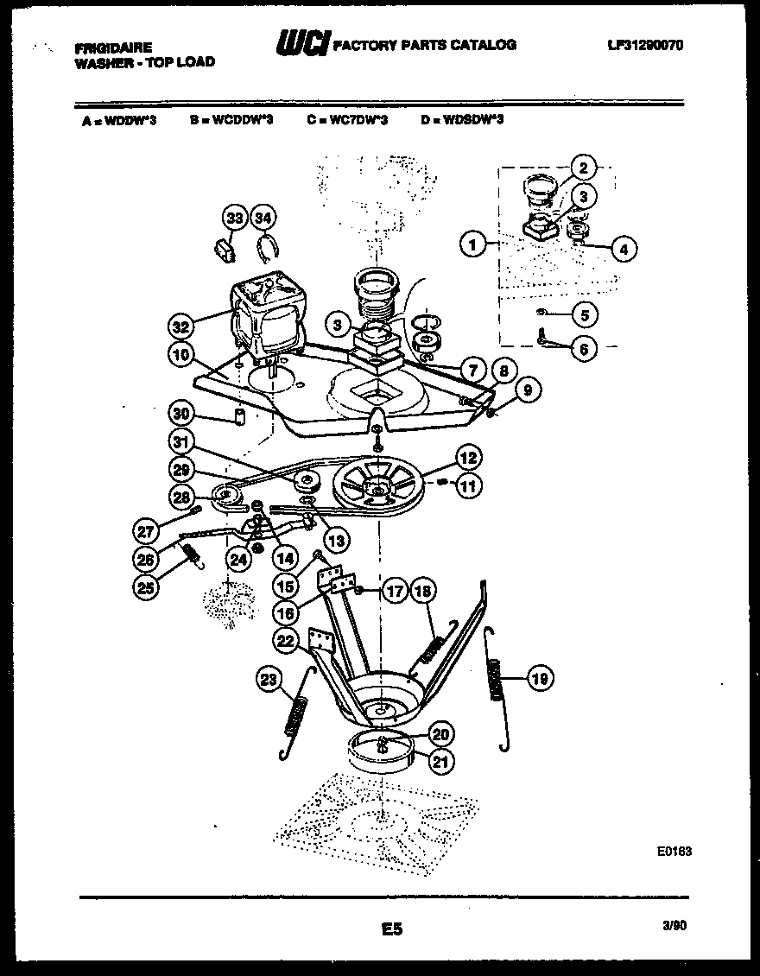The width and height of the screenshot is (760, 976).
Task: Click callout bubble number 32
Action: pyautogui.click(x=180, y=326)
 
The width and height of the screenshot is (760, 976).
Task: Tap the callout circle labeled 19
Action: pyautogui.click(x=539, y=680)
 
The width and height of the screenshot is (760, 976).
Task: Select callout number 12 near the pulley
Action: pyautogui.click(x=469, y=458)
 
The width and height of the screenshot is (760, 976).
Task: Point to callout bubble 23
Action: pyautogui.click(x=269, y=681)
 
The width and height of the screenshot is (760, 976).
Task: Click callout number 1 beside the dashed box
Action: pyautogui.click(x=472, y=245)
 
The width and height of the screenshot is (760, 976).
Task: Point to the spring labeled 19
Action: pyautogui.click(x=497, y=678)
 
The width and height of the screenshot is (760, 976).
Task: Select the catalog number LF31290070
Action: pyautogui.click(x=645, y=45)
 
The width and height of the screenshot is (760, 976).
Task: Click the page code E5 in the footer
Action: pyautogui.click(x=391, y=929)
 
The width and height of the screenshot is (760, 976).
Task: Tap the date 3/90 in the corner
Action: pyautogui.click(x=674, y=925)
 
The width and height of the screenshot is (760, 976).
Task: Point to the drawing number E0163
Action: pyautogui.click(x=674, y=851)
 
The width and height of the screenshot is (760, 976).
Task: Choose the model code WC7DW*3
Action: pyautogui.click(x=347, y=120)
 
